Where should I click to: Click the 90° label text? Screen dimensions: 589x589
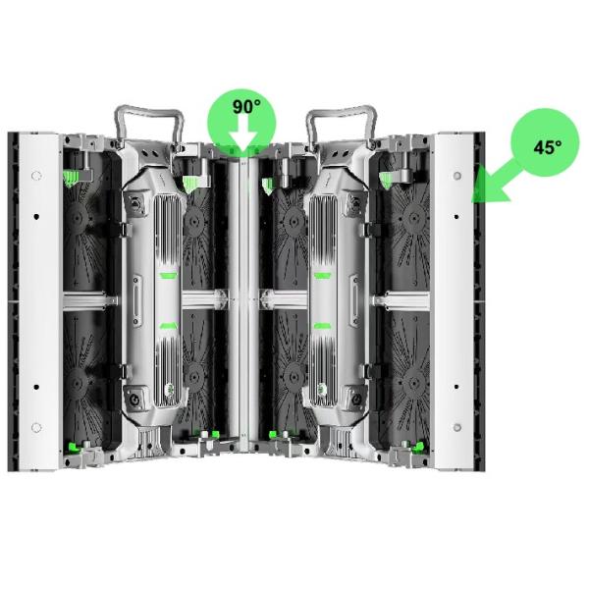(246, 107)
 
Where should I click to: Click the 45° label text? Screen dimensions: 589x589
(548, 147)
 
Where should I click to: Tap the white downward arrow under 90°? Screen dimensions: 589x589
(243, 137)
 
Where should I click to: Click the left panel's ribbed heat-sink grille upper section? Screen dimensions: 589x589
(167, 228)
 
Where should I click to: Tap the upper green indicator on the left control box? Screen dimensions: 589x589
(168, 276)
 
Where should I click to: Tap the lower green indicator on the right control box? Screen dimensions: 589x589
(322, 326)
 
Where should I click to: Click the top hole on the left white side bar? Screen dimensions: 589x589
(36, 176)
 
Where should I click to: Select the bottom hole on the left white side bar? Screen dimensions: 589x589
(36, 427)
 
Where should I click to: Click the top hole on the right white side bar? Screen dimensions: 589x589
(457, 176)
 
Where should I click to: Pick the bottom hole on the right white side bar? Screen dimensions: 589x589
(457, 427)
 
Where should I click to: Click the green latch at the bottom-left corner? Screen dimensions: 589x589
(74, 447)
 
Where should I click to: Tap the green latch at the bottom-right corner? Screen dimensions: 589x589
(418, 447)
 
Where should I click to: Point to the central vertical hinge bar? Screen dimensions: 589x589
(243, 304)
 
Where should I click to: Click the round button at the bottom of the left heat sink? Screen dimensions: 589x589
(169, 389)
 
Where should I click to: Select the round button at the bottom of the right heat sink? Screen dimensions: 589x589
(322, 389)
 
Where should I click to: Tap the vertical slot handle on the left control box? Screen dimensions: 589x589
(136, 299)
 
